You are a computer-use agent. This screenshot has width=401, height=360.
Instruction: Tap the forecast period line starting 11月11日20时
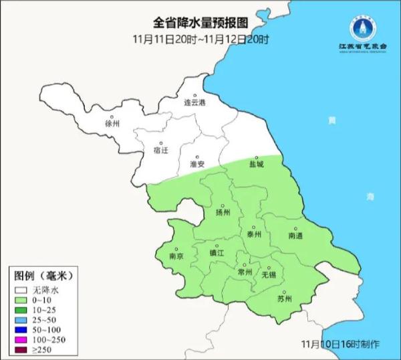pos(200,39)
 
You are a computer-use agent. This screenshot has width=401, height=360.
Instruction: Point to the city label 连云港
pos(195,103)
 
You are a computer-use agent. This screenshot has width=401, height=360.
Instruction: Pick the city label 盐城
pos(257,163)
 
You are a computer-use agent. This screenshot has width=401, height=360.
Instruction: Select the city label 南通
pos(295,236)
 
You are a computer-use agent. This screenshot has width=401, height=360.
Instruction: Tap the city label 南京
pos(176,256)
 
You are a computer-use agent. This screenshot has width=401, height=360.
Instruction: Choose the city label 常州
pos(245,272)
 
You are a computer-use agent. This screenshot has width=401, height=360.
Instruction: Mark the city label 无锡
pos(269,274)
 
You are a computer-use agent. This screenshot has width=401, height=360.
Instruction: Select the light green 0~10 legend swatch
pos(21,300)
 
